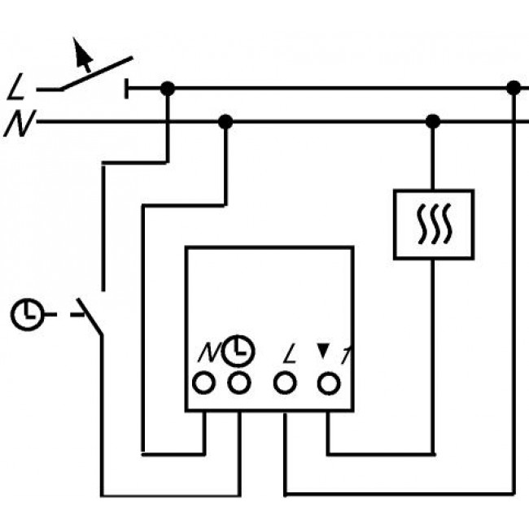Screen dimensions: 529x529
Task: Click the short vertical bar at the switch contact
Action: (127, 88)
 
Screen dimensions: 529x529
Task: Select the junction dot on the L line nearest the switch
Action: (167, 88)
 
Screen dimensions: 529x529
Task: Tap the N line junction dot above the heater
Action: (433, 122)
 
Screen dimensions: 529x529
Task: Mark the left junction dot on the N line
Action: (226, 122)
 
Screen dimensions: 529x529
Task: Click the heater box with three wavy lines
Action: (433, 225)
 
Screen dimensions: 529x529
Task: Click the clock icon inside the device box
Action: (238, 350)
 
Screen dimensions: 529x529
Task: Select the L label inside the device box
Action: (286, 353)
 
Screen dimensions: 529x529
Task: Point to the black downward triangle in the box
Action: (323, 351)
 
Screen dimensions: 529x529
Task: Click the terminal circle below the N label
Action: (203, 381)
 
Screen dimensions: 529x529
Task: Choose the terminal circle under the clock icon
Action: (238, 381)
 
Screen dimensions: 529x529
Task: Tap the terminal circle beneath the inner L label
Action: (285, 381)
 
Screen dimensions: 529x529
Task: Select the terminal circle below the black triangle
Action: (328, 381)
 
